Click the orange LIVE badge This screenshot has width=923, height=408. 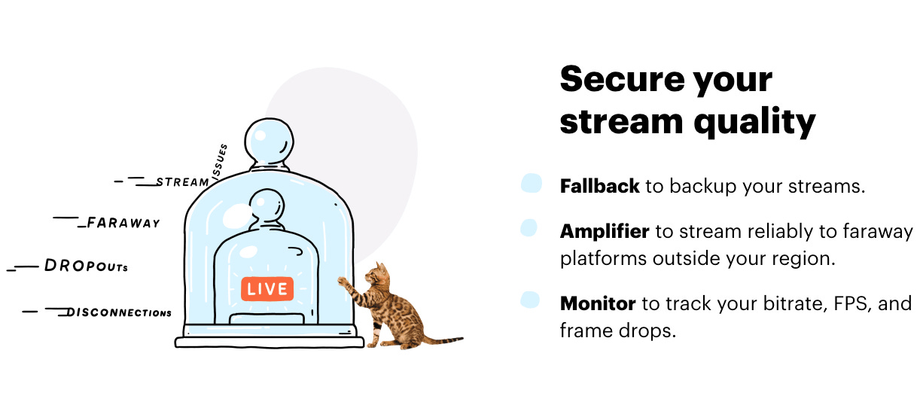pyautogui.click(x=267, y=288)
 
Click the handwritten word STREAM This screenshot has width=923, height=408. pyautogui.click(x=182, y=182)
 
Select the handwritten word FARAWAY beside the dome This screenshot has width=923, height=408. pyautogui.click(x=123, y=223)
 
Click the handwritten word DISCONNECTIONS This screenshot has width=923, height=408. pyautogui.click(x=119, y=312)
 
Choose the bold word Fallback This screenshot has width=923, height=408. pyautogui.click(x=599, y=186)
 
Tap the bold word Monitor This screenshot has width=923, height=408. pyautogui.click(x=598, y=303)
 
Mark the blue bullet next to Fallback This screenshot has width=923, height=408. pyautogui.click(x=532, y=183)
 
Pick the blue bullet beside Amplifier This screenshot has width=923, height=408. pyautogui.click(x=529, y=227)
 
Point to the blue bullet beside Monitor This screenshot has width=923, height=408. pyautogui.click(x=530, y=300)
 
